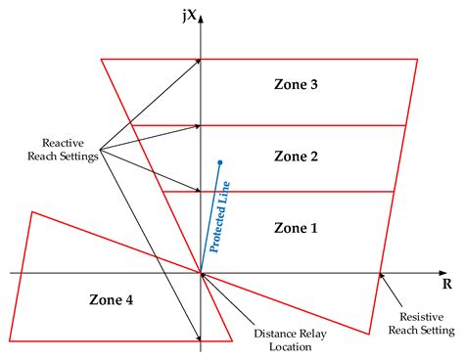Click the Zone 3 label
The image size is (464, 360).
[296, 85]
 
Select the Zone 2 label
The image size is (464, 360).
[296, 156]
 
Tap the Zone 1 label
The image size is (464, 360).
[296, 227]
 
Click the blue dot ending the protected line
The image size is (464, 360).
[221, 161]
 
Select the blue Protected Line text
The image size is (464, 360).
[218, 217]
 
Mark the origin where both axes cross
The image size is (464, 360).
[201, 273]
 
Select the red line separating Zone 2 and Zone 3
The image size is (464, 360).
[294, 125]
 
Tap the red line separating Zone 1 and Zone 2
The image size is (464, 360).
[294, 192]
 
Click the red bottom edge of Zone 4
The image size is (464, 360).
[117, 341]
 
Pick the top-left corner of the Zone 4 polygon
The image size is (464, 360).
[32, 211]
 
